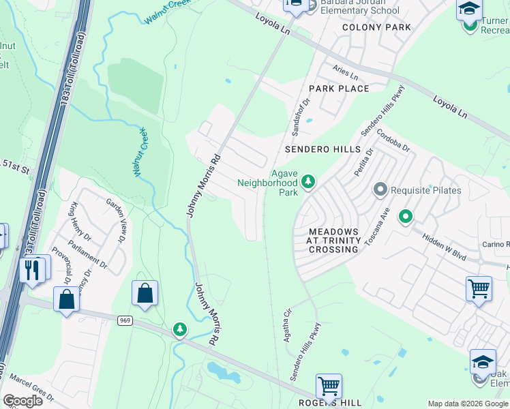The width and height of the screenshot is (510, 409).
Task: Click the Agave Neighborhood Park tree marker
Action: pos(308,181)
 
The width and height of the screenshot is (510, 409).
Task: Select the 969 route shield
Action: pos(123,320)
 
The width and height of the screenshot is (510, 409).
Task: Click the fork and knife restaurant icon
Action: pos(32,269)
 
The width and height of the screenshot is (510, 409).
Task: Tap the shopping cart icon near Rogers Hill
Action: pos(329,387)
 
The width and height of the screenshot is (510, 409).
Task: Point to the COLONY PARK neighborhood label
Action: pos(376,27)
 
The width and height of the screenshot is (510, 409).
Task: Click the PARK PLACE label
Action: pos(339,89)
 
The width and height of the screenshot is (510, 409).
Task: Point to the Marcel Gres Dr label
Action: pos(31,393)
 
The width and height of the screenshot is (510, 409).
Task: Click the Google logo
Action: pos(22,401)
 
